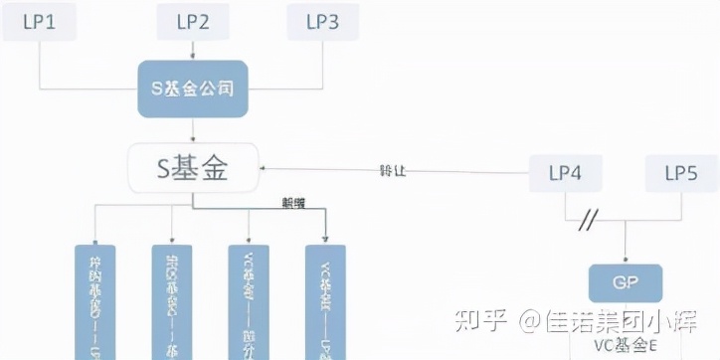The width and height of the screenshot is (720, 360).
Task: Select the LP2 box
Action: (x=191, y=22)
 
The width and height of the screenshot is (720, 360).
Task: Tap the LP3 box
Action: (x=321, y=22)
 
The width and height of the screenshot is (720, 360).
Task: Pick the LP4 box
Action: (x=565, y=173)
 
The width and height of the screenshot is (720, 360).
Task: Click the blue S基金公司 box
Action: (x=193, y=90)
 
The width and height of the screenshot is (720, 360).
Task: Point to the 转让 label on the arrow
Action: (x=394, y=170)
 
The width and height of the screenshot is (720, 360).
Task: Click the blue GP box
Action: (x=625, y=283)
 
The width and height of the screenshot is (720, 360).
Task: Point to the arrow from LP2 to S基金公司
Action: (x=191, y=51)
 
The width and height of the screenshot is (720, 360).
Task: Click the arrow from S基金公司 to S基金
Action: (x=192, y=129)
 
